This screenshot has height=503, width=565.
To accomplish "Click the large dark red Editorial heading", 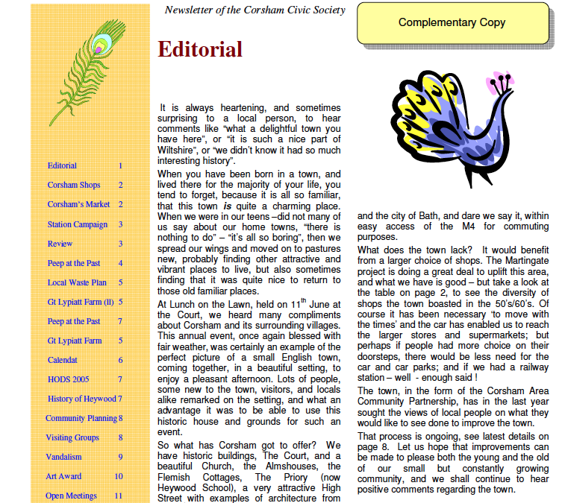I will pos(201,50).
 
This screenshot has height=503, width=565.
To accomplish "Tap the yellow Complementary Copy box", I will pos(452,23).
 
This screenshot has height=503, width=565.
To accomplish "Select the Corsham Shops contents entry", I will pos(74,185).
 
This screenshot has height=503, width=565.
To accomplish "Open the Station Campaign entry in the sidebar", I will pos(78,224).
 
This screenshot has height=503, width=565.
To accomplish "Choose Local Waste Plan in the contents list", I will pos(77,282).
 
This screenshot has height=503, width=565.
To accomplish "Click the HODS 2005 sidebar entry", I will pos(69,379).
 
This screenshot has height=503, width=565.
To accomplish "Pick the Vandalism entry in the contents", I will pos(63,457).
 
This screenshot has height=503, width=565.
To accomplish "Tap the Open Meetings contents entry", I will pos(72,496).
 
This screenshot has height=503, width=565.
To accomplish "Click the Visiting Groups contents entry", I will pos(72,437).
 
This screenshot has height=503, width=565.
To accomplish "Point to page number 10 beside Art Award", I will pos(119,476).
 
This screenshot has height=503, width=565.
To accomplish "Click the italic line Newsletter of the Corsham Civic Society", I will pos(255,10).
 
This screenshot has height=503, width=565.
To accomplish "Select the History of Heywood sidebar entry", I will pos(82,399).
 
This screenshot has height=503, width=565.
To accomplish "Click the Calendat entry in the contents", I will pos(63,360).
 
